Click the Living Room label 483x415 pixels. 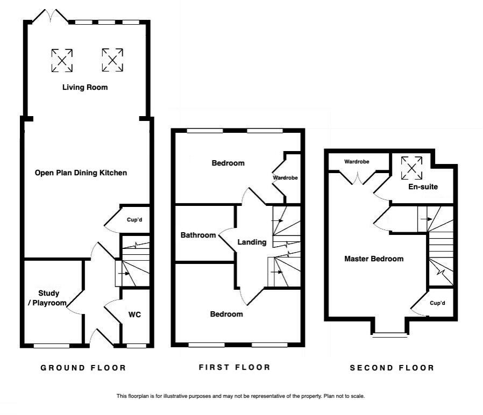pyautogui.click(x=84, y=87)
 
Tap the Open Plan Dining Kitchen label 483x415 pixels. pyautogui.click(x=81, y=173)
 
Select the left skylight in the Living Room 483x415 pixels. pyautogui.click(x=62, y=60)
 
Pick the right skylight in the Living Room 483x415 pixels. pyautogui.click(x=112, y=60)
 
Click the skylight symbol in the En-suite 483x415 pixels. pyautogui.click(x=411, y=167)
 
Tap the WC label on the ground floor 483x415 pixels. pyautogui.click(x=134, y=314)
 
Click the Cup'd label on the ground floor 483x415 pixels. pyautogui.click(x=134, y=219)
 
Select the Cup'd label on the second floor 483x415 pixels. pyautogui.click(x=438, y=303)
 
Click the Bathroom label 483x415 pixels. pyautogui.click(x=198, y=235)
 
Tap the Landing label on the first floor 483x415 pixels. pyautogui.click(x=252, y=242)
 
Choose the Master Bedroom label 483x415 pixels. pyautogui.click(x=373, y=259)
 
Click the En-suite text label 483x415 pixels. pyautogui.click(x=423, y=187)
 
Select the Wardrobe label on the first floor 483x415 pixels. pyautogui.click(x=285, y=177)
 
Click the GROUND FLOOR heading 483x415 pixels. pyautogui.click(x=83, y=368)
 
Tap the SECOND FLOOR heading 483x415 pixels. pyautogui.click(x=392, y=368)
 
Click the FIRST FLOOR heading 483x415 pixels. pyautogui.click(x=234, y=367)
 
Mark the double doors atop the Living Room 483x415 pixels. pyautogui.click(x=50, y=16)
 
